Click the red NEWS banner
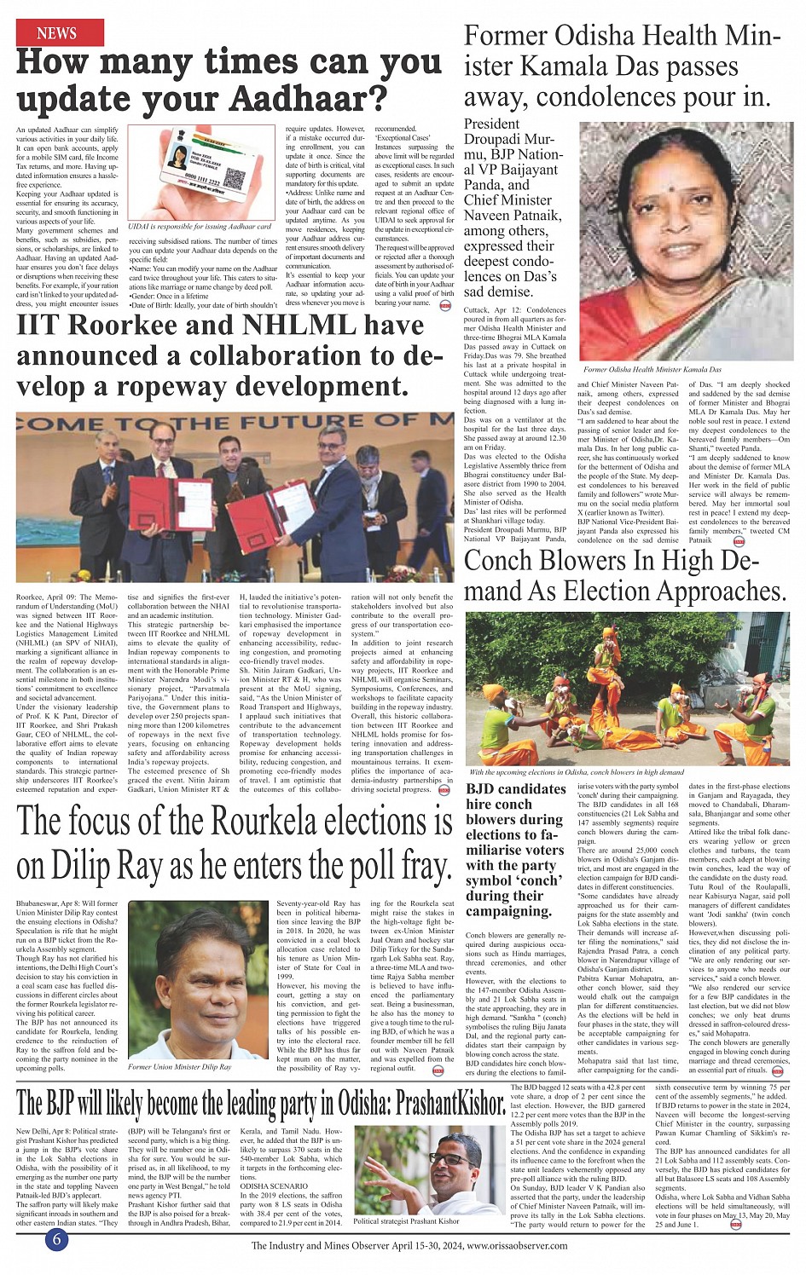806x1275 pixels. pos(57,33)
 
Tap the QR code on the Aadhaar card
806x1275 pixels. pos(236,179)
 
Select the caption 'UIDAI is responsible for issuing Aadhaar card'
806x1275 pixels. pos(200,227)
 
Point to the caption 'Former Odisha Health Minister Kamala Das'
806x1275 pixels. pos(652,370)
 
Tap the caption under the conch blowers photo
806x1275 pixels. pos(577,772)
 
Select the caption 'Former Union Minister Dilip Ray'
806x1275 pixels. pos(180,1066)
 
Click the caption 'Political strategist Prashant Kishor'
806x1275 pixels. pos(407,1221)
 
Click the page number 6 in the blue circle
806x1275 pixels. pos(56,1239)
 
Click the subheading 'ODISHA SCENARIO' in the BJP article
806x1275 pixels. pos(274,1186)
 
